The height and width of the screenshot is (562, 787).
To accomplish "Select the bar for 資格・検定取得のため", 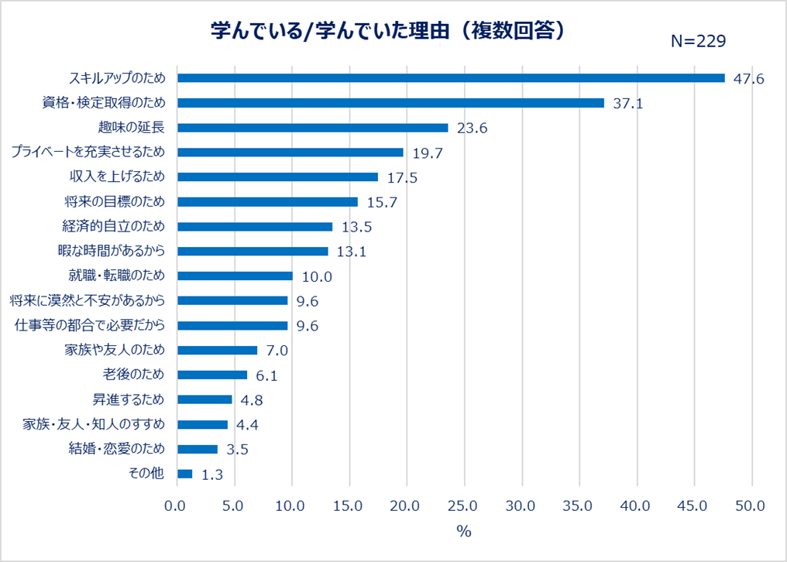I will click(x=390, y=103).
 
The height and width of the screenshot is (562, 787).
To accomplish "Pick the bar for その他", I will click(x=184, y=474).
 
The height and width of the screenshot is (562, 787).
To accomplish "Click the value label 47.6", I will click(x=748, y=79).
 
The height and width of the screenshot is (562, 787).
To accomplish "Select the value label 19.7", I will click(x=427, y=153).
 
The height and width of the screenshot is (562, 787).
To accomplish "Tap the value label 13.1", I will click(x=352, y=252).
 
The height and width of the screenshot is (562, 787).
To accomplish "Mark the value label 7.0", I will click(x=277, y=351).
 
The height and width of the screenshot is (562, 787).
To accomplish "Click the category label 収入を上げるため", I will click(x=116, y=176).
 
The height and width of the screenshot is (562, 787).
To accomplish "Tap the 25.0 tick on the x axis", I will click(x=463, y=506).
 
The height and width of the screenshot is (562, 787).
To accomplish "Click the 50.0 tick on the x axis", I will click(x=751, y=506).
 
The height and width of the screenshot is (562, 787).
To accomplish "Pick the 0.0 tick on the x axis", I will click(x=177, y=506).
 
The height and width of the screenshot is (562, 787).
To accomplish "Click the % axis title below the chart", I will click(x=463, y=532).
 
